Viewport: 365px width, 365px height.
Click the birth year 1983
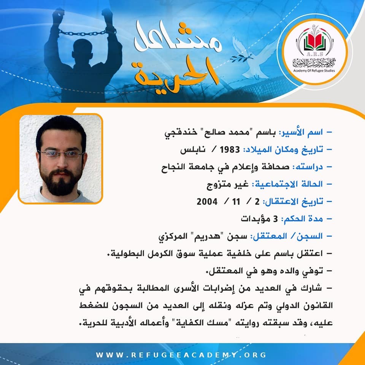pos(230,149)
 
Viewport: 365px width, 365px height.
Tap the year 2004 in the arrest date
pos(207,202)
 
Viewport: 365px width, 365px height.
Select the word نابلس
pos(193,150)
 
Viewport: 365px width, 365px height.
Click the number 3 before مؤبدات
pos(275,219)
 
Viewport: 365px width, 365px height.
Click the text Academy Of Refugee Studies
pos(314,71)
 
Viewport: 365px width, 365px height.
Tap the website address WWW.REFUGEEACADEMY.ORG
pos(181,355)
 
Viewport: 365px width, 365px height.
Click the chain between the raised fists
pos(83,33)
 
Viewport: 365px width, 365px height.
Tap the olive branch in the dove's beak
pos(241,58)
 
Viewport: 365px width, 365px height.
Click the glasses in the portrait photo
pos(61,154)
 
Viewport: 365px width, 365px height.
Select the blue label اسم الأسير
pos(300,132)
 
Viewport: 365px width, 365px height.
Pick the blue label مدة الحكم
pos(302,219)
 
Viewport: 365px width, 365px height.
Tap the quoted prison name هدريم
pos(207,236)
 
